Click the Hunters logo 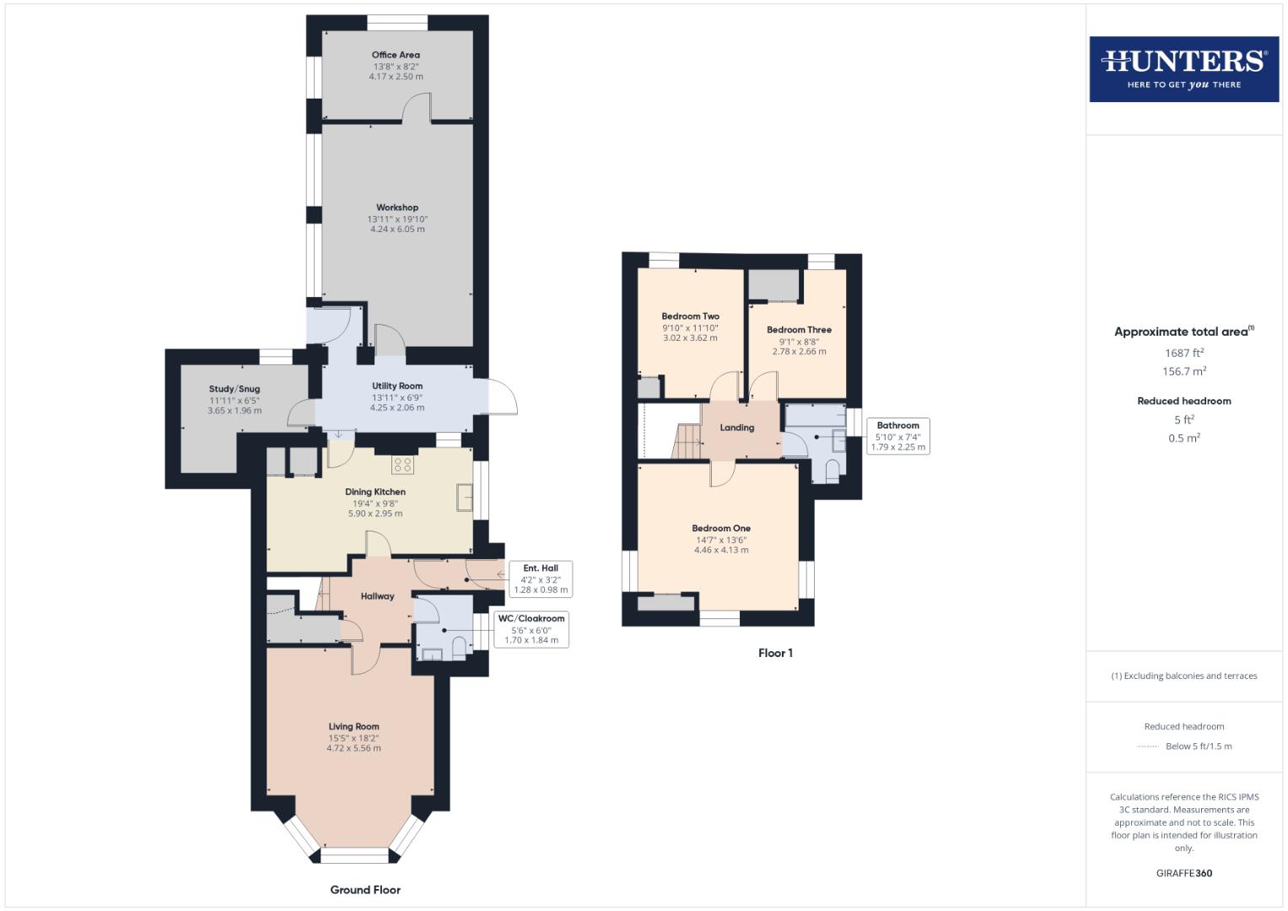pyautogui.click(x=1183, y=68)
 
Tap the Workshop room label pyautogui.click(x=396, y=208)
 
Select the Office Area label pyautogui.click(x=396, y=55)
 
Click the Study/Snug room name pyautogui.click(x=234, y=389)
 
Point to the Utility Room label pyautogui.click(x=396, y=385)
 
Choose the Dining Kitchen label pyautogui.click(x=375, y=492)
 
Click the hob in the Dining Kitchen pyautogui.click(x=402, y=464)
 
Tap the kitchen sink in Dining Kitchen pyautogui.click(x=465, y=497)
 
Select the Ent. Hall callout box pyautogui.click(x=540, y=579)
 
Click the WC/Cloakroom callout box pyautogui.click(x=531, y=629)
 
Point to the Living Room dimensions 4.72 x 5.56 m pyautogui.click(x=353, y=748)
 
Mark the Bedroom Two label pyautogui.click(x=690, y=316)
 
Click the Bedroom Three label pyautogui.click(x=799, y=330)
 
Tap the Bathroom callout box pyautogui.click(x=897, y=436)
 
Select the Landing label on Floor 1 pyautogui.click(x=736, y=428)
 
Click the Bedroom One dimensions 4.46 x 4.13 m pyautogui.click(x=721, y=550)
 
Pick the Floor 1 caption pyautogui.click(x=775, y=653)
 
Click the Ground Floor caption pyautogui.click(x=365, y=890)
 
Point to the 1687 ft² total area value pyautogui.click(x=1184, y=353)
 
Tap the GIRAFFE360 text pyautogui.click(x=1183, y=873)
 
